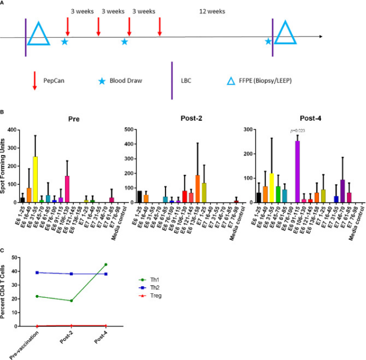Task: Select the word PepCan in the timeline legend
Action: click(55, 82)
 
